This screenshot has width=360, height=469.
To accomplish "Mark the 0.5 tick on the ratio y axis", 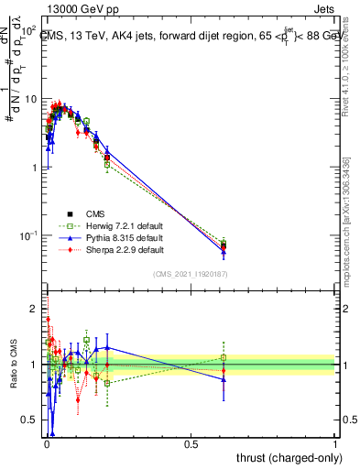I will point(32,420).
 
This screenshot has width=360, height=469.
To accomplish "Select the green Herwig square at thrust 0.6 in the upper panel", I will point(224,243).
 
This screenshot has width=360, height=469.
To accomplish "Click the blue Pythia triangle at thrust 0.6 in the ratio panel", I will point(224,379).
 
